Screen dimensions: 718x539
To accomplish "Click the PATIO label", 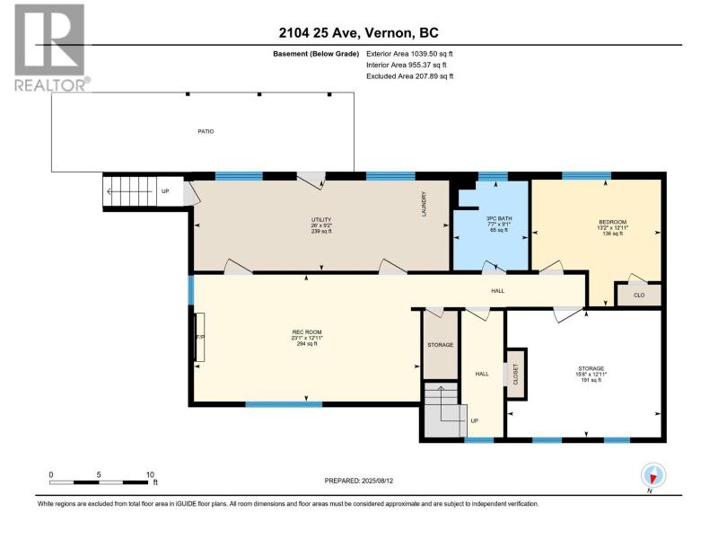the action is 206,131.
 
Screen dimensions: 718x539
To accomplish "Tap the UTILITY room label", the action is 321,220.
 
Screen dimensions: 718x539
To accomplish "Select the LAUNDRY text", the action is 424,204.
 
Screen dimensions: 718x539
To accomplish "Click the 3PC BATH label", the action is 499,218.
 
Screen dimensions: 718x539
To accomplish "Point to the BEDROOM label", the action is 613,222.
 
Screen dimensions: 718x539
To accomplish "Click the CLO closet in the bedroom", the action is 639,296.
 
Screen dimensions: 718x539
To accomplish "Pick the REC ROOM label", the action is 307,332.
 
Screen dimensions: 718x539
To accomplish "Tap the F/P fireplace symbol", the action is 200,338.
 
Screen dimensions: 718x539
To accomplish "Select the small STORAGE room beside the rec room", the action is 440,345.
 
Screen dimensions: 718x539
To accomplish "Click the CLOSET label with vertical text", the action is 515,374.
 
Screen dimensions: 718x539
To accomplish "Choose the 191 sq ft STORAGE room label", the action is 591,368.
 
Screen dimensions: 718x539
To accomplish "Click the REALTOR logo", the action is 51,48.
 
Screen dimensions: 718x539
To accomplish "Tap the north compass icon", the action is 653,476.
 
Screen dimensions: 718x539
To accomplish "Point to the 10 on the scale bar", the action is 150,475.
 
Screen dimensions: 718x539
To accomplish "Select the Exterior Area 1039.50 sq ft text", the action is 409,54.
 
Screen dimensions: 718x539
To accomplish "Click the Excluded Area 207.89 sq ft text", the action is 410,76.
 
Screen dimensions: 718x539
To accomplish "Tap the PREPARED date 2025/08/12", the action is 358,481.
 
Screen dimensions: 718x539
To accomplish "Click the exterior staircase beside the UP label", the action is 130,191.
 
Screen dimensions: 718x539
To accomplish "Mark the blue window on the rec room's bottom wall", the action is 284,404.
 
